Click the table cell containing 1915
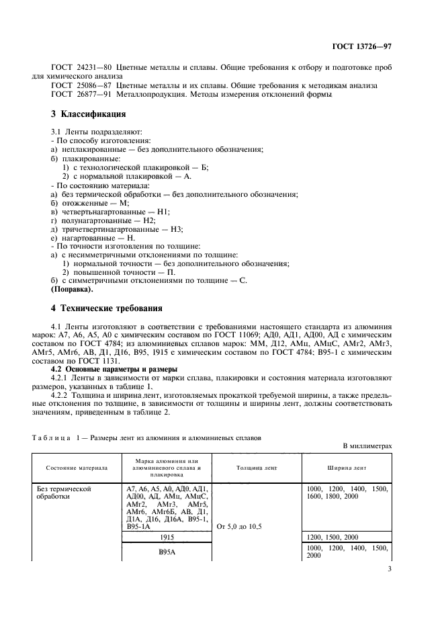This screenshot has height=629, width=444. [166, 537]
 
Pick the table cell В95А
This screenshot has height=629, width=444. [166, 552]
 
